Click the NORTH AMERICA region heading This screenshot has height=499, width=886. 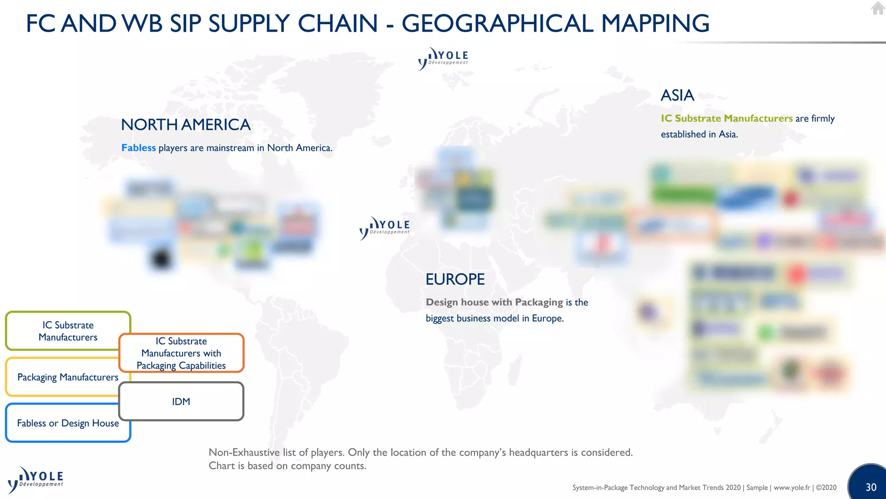(x=186, y=125)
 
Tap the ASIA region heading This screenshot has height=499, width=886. (x=677, y=95)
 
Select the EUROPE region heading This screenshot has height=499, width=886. (x=455, y=279)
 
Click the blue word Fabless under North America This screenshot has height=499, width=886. (x=138, y=148)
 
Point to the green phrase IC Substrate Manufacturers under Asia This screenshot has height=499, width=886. (x=726, y=118)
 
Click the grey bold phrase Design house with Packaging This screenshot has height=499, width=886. (x=494, y=302)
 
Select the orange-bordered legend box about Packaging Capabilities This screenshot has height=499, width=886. (x=181, y=353)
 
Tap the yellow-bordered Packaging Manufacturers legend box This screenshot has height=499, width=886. (x=61, y=377)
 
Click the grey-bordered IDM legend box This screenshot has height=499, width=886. (x=181, y=402)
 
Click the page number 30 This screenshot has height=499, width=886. (x=871, y=487)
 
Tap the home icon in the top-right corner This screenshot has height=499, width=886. (x=878, y=8)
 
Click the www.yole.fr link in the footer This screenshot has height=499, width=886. (x=792, y=487)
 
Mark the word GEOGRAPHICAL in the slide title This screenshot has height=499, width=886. (x=497, y=23)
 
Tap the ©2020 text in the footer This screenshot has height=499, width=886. (x=826, y=487)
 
